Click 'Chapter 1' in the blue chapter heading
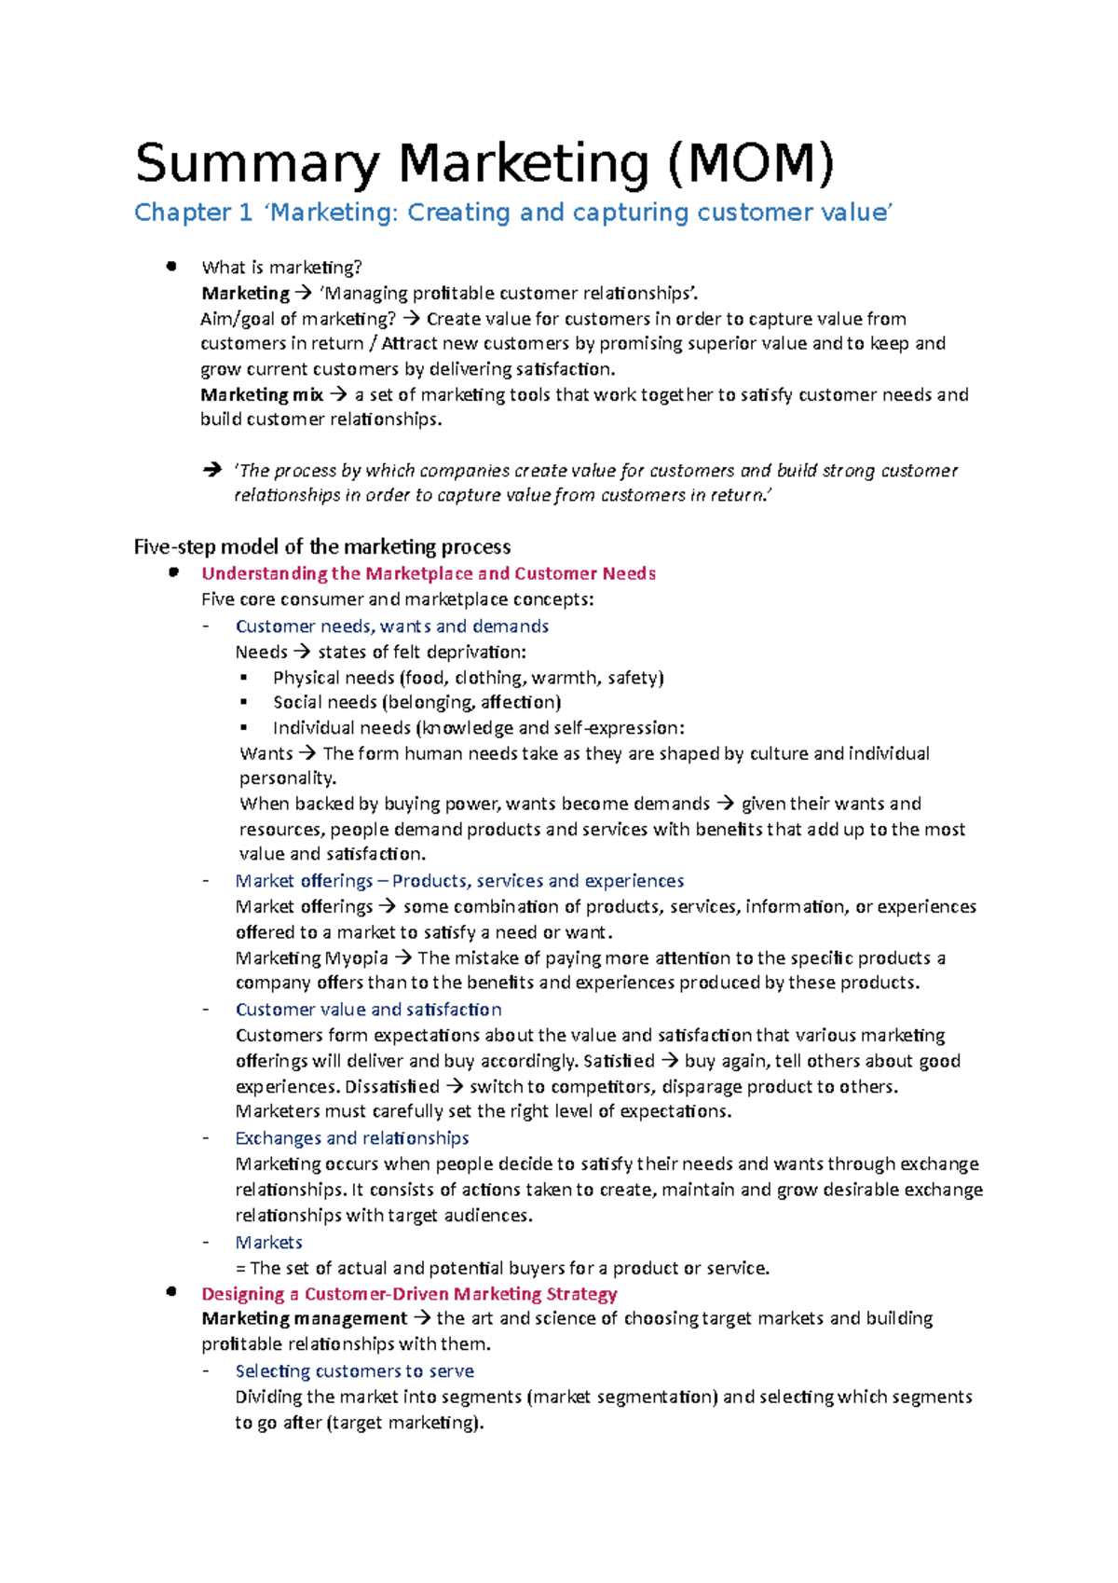pyautogui.click(x=193, y=213)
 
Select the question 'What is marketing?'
pyautogui.click(x=281, y=268)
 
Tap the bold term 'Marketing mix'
pyautogui.click(x=262, y=394)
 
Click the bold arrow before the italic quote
pyautogui.click(x=211, y=471)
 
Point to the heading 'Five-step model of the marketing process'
pyautogui.click(x=322, y=546)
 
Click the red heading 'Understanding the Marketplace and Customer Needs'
pyautogui.click(x=429, y=573)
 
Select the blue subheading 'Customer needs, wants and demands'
pyautogui.click(x=391, y=626)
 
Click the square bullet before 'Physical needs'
pyautogui.click(x=244, y=678)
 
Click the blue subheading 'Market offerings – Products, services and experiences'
pyautogui.click(x=459, y=881)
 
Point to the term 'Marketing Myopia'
pyautogui.click(x=312, y=957)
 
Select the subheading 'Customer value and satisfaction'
pyautogui.click(x=368, y=1010)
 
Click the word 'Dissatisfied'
pyautogui.click(x=392, y=1086)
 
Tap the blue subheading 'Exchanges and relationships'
pyautogui.click(x=351, y=1138)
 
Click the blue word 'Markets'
pyautogui.click(x=268, y=1242)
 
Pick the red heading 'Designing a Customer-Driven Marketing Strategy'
pyautogui.click(x=409, y=1294)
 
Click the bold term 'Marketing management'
pyautogui.click(x=304, y=1318)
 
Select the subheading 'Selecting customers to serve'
pyautogui.click(x=354, y=1371)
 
